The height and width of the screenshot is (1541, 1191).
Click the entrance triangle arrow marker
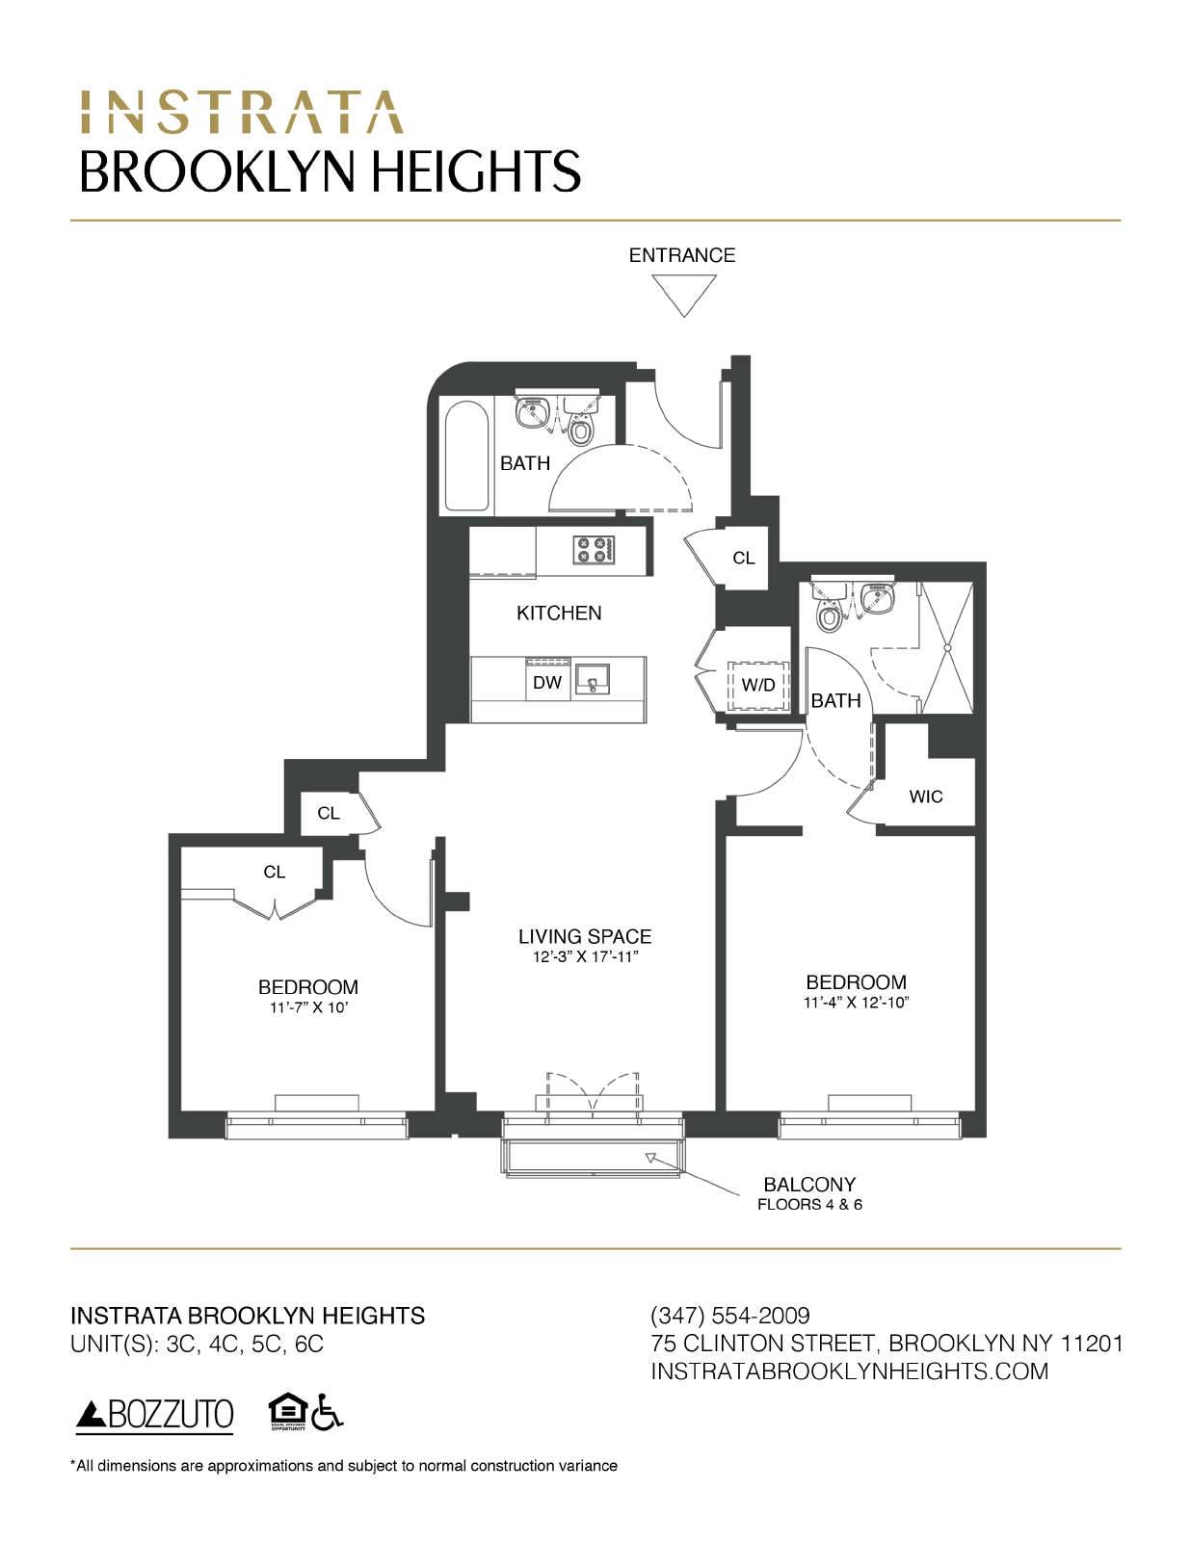coord(683,293)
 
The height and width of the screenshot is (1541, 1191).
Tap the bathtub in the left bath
coord(467,456)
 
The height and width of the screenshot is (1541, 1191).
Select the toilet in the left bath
coord(580,429)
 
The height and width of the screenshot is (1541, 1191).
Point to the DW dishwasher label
coord(546,683)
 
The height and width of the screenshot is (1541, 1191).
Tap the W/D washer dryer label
coord(758,686)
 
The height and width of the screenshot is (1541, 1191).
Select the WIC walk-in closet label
coord(925,797)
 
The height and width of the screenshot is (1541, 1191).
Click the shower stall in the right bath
coord(945,647)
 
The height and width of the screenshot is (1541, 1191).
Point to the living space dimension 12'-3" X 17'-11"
coord(585,957)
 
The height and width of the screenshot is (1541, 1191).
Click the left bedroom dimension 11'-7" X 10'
coord(307,1007)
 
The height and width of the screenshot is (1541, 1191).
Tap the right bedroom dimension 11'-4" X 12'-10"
coord(857,1003)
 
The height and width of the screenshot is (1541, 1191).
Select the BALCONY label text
coord(809,1185)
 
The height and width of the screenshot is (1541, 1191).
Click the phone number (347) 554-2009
coord(730,1316)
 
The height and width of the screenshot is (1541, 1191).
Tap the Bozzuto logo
coord(154,1415)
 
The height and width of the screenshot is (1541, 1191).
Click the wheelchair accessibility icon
coord(329,1413)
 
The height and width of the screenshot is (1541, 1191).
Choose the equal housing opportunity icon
coord(287,1413)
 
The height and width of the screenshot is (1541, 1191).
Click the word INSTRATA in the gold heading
coord(241,113)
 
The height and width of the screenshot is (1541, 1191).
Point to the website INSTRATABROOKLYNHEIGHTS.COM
coord(849,1371)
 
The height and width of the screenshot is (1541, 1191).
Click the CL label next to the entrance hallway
coord(743,559)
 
